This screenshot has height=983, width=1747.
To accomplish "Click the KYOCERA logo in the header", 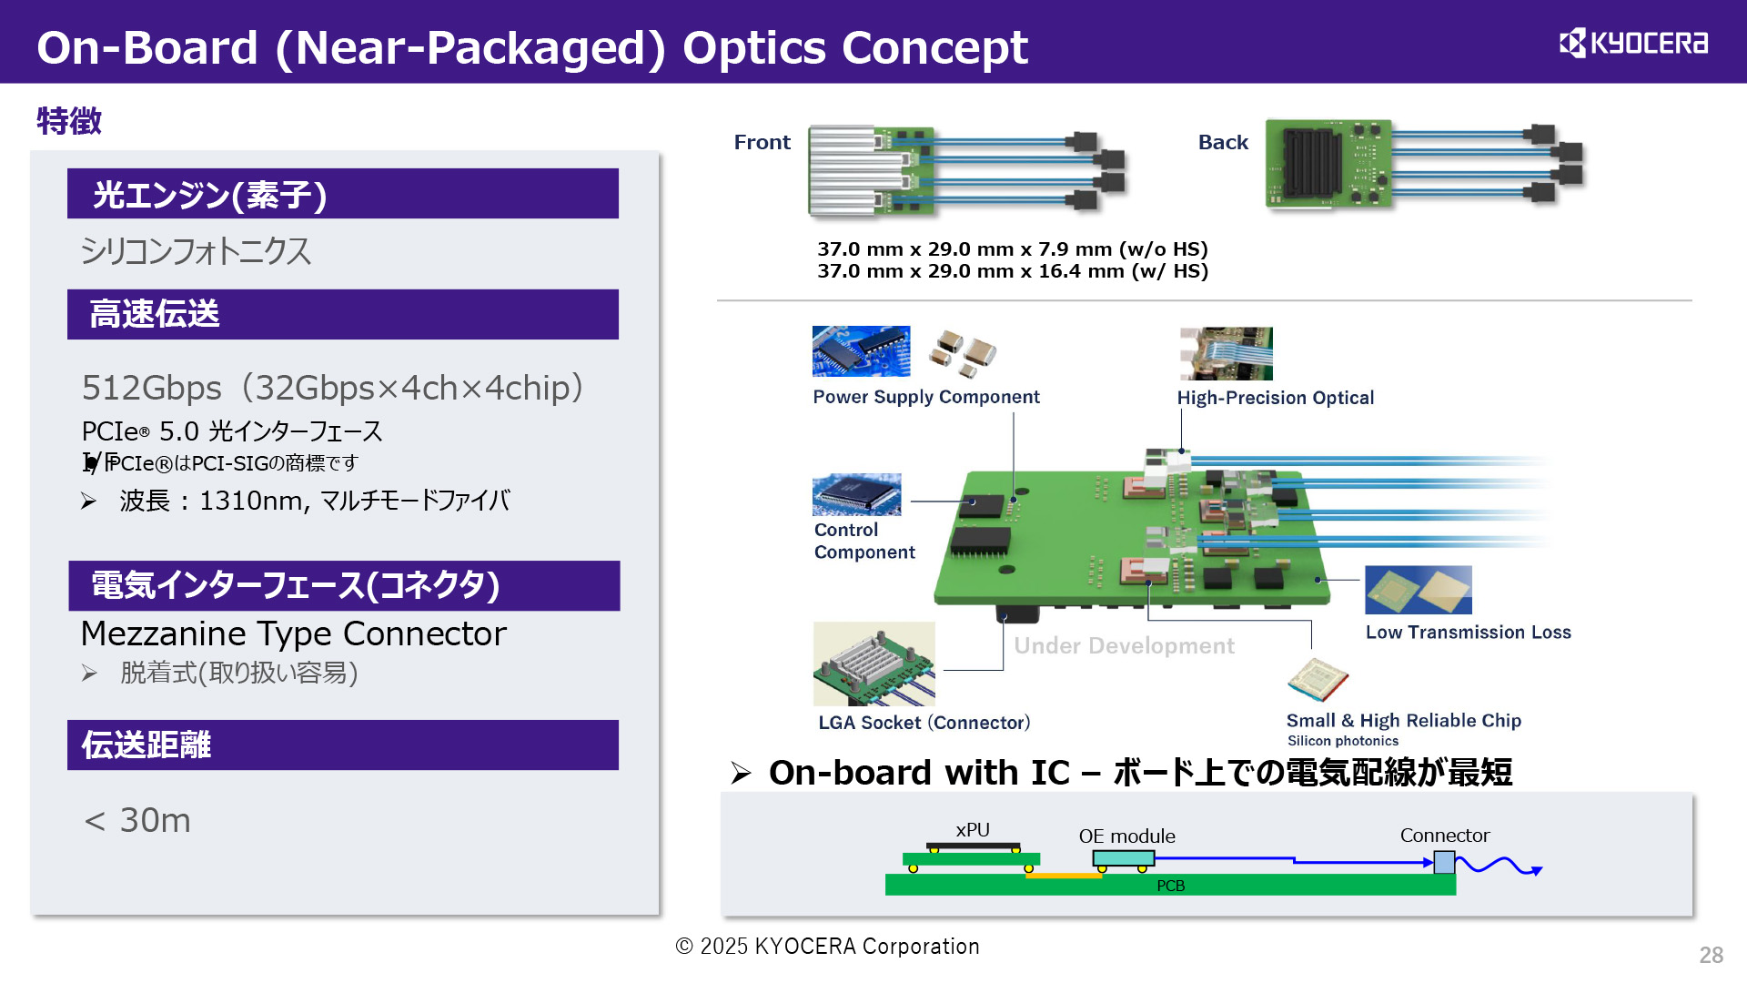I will [1633, 43].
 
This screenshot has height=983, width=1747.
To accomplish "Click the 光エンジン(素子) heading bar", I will [342, 194].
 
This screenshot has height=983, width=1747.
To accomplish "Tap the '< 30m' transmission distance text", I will [137, 820].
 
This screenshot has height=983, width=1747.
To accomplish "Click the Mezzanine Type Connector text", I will [293, 633].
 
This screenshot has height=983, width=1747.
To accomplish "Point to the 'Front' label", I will [762, 142].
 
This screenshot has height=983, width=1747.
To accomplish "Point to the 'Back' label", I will [1222, 142].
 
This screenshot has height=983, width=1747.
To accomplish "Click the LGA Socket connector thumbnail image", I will [873, 664].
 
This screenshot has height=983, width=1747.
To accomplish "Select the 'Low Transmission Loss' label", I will [1468, 632].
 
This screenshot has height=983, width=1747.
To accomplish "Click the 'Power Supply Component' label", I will [925, 397].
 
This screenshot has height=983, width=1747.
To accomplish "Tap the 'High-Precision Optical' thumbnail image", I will [1226, 353].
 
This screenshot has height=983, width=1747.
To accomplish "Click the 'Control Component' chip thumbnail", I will [856, 494].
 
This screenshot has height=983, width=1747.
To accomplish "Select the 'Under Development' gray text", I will [1124, 645].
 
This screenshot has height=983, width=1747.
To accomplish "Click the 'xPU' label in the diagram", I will [972, 829].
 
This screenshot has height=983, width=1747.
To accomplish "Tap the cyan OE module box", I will [1123, 858].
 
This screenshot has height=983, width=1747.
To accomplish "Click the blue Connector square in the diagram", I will [1443, 861].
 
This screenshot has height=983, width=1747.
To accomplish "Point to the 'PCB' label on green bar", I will [1170, 886].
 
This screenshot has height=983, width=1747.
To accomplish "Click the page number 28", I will [1711, 955].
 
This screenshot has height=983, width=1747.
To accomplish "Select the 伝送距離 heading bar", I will [342, 745].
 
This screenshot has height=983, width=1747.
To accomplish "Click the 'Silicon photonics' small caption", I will [1342, 741].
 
